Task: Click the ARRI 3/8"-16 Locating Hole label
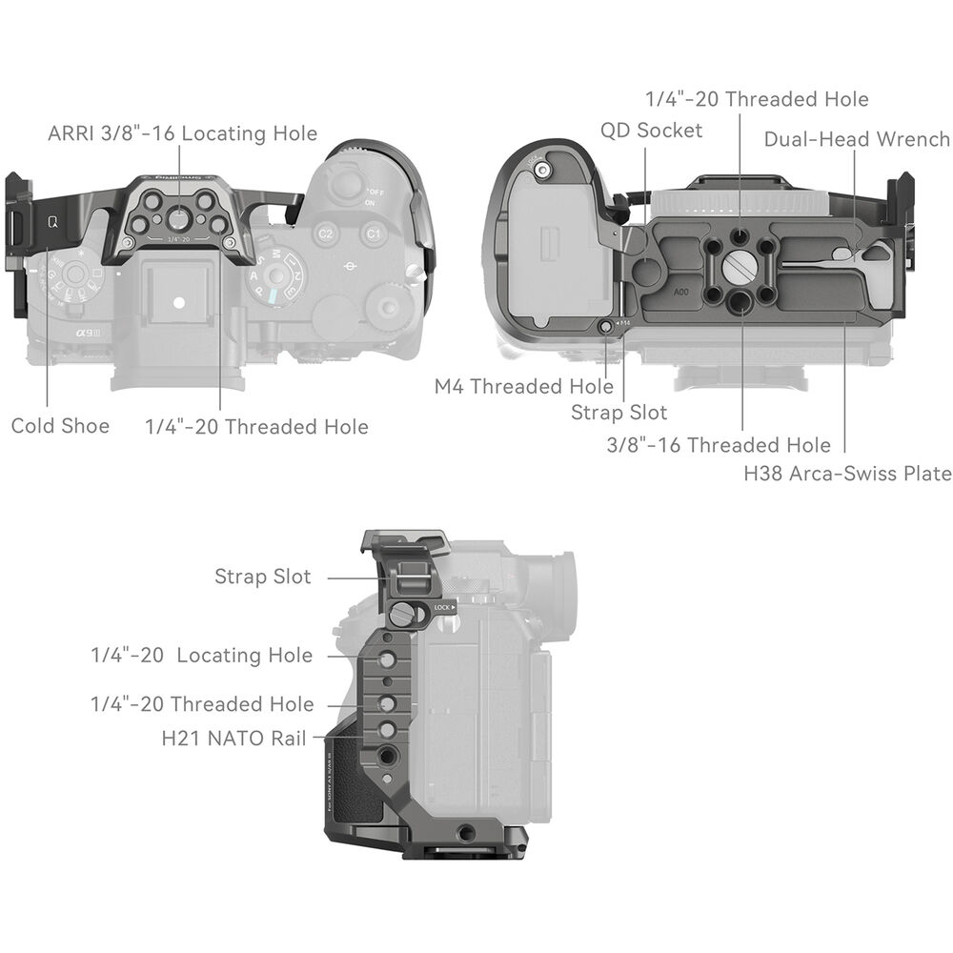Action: click(x=182, y=133)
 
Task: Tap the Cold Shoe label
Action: click(x=60, y=425)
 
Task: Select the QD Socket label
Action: click(x=651, y=130)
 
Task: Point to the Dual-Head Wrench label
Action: click(x=857, y=139)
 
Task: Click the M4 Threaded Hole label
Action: click(x=524, y=386)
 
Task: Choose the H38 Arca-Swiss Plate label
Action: click(x=848, y=473)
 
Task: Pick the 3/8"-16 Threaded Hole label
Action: click(x=719, y=445)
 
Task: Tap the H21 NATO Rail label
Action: click(x=234, y=738)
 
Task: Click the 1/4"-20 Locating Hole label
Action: click(x=202, y=656)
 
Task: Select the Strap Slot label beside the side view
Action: click(x=263, y=577)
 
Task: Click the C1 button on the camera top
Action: click(x=373, y=233)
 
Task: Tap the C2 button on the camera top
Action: click(x=326, y=234)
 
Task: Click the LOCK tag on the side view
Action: click(x=444, y=607)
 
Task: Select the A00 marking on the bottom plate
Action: click(x=681, y=293)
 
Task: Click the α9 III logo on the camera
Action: click(x=88, y=333)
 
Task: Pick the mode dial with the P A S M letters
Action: click(x=276, y=276)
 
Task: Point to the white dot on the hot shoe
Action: click(x=178, y=302)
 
